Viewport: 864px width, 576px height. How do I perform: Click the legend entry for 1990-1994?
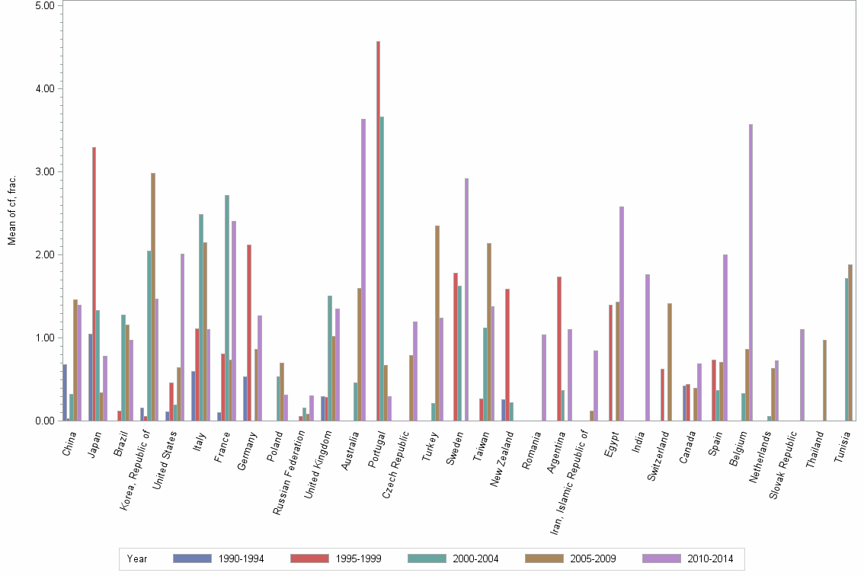(219, 558)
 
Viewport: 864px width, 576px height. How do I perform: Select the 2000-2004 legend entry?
(453, 558)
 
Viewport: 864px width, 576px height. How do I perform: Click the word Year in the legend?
(138, 558)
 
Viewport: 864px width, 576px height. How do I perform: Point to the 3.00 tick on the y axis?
(45, 171)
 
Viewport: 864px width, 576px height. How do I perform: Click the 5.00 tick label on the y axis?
(45, 5)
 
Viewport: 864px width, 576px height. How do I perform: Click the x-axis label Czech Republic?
(397, 465)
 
